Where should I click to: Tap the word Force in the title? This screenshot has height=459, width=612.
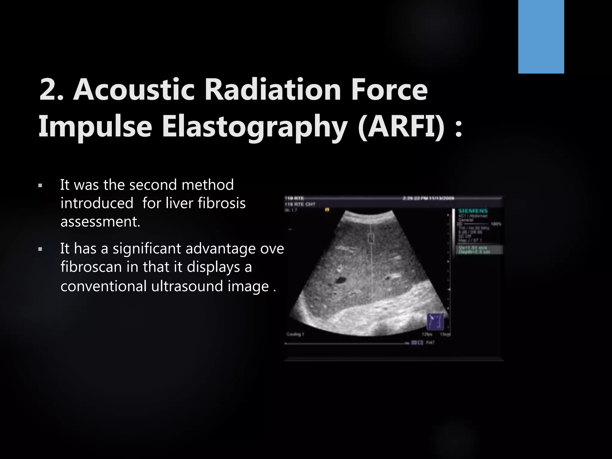click(x=389, y=89)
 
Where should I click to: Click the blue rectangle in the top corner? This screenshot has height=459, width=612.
click(x=541, y=36)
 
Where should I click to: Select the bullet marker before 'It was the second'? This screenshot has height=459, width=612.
click(x=40, y=186)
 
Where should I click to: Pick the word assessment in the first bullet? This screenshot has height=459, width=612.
click(x=100, y=222)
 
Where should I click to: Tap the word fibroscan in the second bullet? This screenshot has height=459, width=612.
click(x=91, y=267)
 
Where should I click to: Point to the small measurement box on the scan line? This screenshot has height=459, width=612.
click(x=371, y=238)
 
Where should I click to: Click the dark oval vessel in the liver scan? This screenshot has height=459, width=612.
click(x=340, y=280)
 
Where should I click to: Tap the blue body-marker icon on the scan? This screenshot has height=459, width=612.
click(x=435, y=321)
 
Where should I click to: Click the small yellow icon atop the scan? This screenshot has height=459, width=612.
click(x=327, y=210)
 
